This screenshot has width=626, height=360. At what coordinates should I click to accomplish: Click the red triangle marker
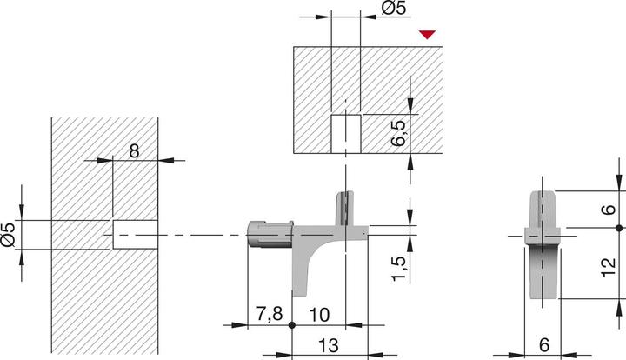coord(426,35)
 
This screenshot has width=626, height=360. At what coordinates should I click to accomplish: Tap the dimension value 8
coord(134,150)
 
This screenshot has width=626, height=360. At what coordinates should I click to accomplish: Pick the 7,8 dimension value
coord(268,314)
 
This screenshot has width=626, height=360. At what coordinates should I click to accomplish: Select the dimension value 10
coord(318,314)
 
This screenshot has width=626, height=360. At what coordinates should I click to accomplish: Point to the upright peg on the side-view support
coord(346,209)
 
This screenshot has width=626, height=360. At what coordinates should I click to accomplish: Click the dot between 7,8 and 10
coord(293,325)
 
